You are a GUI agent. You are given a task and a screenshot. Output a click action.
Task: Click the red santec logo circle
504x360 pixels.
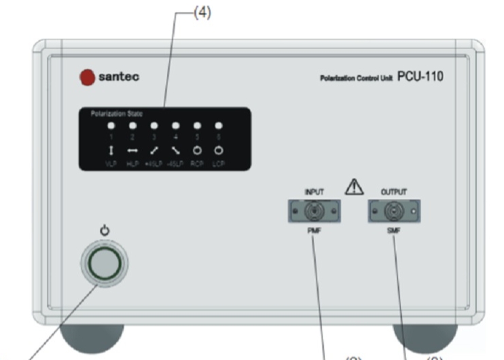tap(87, 77)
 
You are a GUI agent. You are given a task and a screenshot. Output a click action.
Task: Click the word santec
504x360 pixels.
tap(119, 77)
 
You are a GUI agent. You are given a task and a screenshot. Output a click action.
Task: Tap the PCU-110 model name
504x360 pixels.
tap(420, 76)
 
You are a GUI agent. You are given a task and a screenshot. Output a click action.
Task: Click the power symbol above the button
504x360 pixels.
tap(104, 232)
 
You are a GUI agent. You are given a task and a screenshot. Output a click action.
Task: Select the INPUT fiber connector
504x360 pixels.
tap(313, 212)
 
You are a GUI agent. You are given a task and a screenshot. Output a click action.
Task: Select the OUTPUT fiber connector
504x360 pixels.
tap(393, 212)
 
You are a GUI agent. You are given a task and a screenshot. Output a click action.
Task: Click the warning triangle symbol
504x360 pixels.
tap(354, 187)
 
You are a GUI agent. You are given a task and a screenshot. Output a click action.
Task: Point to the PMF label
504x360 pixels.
tap(313, 231)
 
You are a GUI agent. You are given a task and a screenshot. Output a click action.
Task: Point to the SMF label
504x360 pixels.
tap(393, 231)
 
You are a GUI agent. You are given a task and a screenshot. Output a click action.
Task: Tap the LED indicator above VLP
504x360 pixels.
tap(111, 126)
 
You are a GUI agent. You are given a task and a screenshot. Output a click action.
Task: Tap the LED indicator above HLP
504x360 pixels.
tap(132, 126)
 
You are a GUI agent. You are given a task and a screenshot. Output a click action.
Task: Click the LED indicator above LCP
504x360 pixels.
tap(218, 126)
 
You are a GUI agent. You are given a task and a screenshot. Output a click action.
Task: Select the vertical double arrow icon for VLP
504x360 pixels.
tap(111, 150)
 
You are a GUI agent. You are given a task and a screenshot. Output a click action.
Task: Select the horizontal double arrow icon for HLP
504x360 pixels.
tap(132, 150)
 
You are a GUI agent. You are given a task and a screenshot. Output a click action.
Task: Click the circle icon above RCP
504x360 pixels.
tap(197, 150)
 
